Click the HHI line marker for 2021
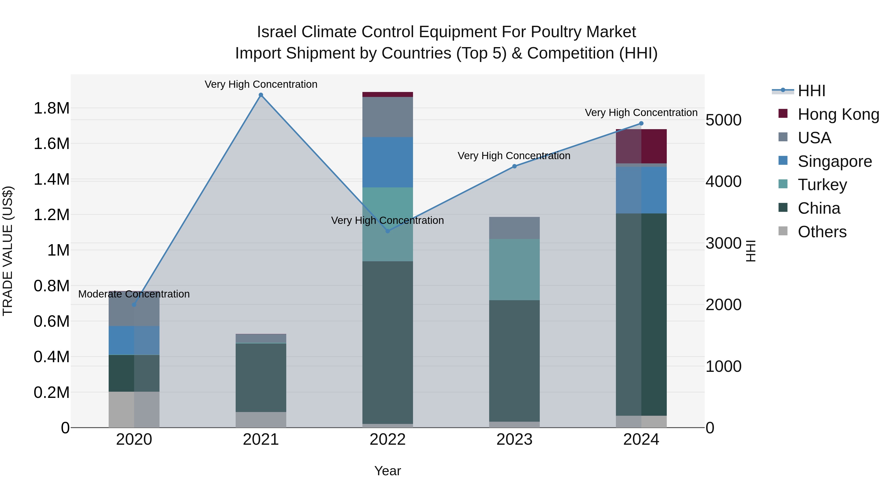tap(261, 95)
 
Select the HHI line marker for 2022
tap(387, 231)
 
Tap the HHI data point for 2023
tap(514, 166)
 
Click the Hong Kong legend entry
tap(838, 114)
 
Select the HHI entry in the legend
tap(811, 91)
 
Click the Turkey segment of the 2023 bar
tap(514, 269)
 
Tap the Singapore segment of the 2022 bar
tap(387, 162)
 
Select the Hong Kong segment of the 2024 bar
tap(641, 146)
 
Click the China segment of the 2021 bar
tap(261, 378)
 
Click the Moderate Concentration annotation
tap(134, 294)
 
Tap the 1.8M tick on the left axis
tap(51, 108)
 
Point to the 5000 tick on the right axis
tap(724, 120)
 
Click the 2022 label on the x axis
tap(387, 440)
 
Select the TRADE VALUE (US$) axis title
tap(8, 251)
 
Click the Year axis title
tap(387, 471)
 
